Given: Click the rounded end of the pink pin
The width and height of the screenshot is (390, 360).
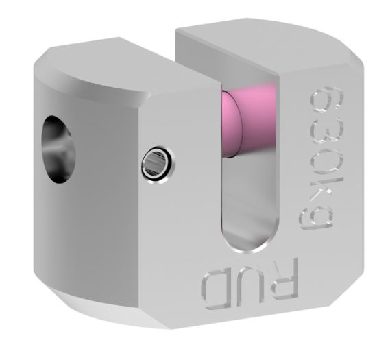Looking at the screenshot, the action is click(x=231, y=124).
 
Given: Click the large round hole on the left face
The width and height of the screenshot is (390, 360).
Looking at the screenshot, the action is click(x=58, y=149).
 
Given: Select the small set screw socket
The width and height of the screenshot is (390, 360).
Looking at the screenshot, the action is click(x=158, y=165).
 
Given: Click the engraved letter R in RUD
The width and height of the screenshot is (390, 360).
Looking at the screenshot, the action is click(x=285, y=279).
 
